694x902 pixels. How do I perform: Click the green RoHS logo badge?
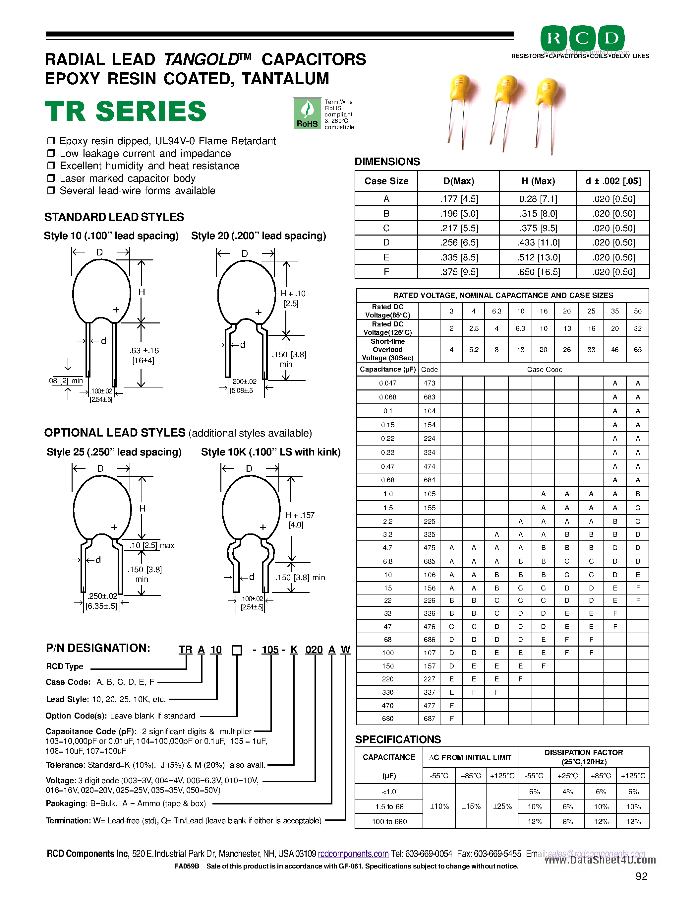[307, 113]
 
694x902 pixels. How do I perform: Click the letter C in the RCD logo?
[582, 38]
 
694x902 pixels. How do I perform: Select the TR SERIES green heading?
[125, 111]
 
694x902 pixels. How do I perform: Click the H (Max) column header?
[538, 181]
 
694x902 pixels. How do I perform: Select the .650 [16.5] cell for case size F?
[538, 272]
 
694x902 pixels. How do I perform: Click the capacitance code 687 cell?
[429, 718]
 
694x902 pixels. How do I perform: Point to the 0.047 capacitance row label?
[387, 383]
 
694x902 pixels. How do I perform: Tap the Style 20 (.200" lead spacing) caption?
[258, 236]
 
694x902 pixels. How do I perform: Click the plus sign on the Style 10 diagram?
[116, 309]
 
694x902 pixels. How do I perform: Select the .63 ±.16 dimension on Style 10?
[144, 351]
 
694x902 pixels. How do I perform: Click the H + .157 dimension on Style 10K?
[300, 515]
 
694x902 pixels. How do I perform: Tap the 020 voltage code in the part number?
[314, 650]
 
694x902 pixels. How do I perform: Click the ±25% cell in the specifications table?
[502, 806]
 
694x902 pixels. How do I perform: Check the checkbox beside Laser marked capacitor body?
[51, 178]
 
